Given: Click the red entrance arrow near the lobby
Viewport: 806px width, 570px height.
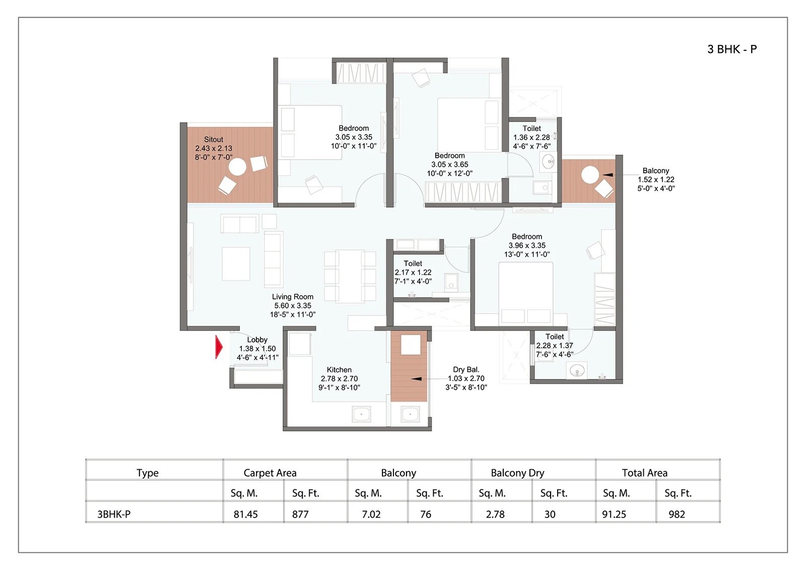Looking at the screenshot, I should pos(219,347).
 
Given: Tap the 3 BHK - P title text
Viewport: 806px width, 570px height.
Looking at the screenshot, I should pos(731,49).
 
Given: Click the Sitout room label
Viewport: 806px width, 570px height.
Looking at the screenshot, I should pos(214,139).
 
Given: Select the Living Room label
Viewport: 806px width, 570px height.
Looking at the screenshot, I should pos(292,297).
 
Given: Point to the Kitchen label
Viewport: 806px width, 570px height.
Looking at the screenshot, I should pos(339,369).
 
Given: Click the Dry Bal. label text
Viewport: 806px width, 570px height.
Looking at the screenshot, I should pos(466,369).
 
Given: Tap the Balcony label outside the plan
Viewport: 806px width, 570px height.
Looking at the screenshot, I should pos(655,170).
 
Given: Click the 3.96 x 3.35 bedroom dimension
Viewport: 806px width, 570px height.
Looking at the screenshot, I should pos(527,245).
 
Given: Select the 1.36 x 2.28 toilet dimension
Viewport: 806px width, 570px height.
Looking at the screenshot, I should pos(531,137).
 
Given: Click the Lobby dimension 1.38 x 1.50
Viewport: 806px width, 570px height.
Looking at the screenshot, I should pos(257,348).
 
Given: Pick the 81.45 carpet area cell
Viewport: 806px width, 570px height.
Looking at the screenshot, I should pos(246,514).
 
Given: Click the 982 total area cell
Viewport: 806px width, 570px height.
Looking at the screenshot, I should pos(677,514).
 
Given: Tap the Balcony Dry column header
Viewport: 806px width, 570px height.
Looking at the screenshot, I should pos(517,473).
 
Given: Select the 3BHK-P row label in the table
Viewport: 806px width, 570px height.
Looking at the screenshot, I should pos(114,514).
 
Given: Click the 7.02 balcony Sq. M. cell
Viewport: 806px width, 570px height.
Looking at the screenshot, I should pos(371,514).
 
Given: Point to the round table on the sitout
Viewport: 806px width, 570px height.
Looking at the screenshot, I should pos(238,167).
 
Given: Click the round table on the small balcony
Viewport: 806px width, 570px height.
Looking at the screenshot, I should pos(590,175).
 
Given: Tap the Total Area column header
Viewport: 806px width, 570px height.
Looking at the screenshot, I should pos(644,473).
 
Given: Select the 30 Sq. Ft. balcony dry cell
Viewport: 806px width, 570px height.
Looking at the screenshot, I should pos(550,514).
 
